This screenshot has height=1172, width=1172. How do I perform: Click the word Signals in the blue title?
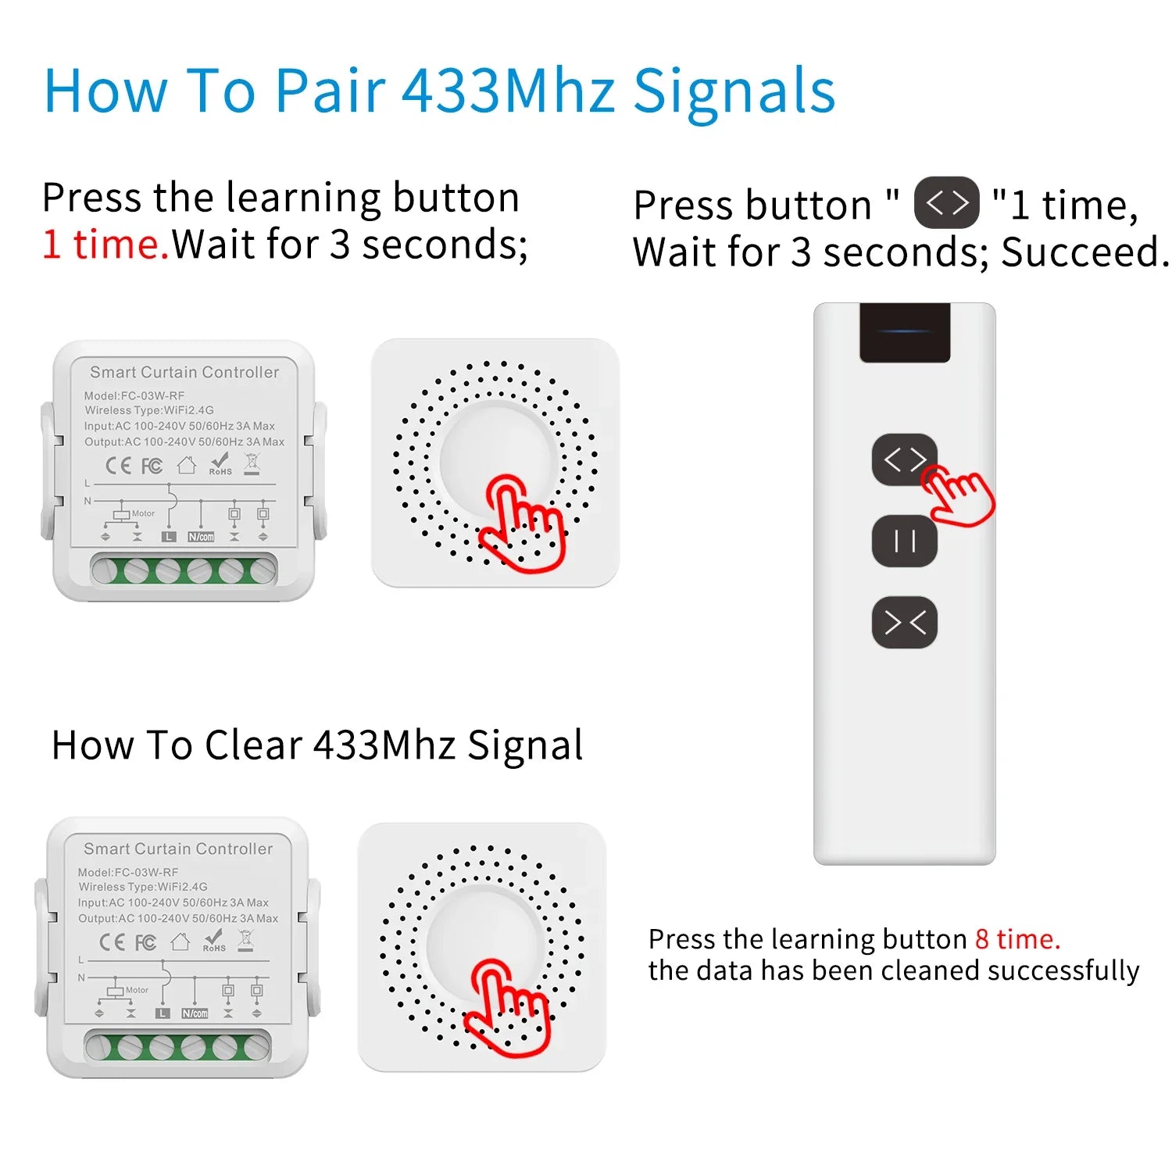(x=734, y=92)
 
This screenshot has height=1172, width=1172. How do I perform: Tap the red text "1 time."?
(x=105, y=244)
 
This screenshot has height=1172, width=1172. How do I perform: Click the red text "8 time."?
(x=1017, y=938)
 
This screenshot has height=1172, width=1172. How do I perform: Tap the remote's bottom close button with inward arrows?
(x=905, y=623)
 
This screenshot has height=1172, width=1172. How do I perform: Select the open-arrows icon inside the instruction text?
(x=946, y=203)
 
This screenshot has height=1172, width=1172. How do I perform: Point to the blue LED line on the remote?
(x=905, y=331)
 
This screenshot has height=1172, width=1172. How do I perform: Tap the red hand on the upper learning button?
(x=522, y=523)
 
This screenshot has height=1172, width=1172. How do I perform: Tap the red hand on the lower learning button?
(x=508, y=1008)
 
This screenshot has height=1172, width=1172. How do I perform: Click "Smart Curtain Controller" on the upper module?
(x=184, y=372)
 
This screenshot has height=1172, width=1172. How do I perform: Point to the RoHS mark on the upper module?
(x=220, y=464)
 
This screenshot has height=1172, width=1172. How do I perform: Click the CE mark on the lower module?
(x=112, y=942)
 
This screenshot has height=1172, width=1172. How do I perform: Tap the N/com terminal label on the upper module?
(x=201, y=537)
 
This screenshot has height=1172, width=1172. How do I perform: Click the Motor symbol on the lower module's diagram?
(x=124, y=991)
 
